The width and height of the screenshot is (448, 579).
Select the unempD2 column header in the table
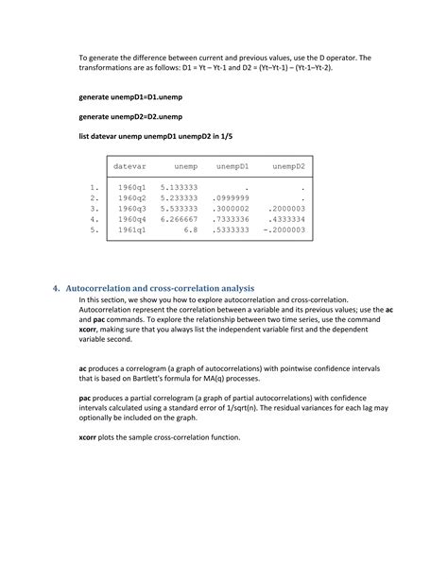coord(288,167)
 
